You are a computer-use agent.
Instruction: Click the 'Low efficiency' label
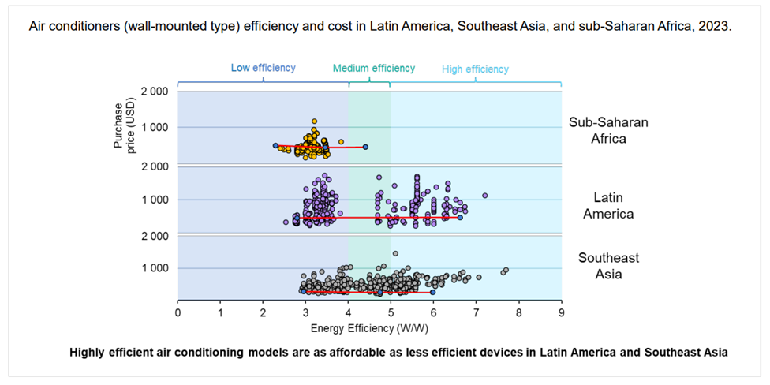coord(263,68)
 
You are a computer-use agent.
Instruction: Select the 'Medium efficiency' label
coord(373,68)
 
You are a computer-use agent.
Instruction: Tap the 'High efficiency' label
coord(475,69)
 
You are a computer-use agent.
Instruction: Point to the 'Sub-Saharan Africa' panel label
coord(597,130)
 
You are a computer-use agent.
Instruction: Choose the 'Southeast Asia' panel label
coord(608,266)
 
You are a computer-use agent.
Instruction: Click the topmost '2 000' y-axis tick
coord(152,92)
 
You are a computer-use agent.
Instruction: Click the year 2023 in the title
coord(716,26)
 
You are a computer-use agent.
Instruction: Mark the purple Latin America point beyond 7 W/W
coord(485,196)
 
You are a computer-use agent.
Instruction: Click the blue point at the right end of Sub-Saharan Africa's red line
coord(365,147)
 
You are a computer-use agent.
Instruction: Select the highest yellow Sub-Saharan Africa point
coord(314,121)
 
